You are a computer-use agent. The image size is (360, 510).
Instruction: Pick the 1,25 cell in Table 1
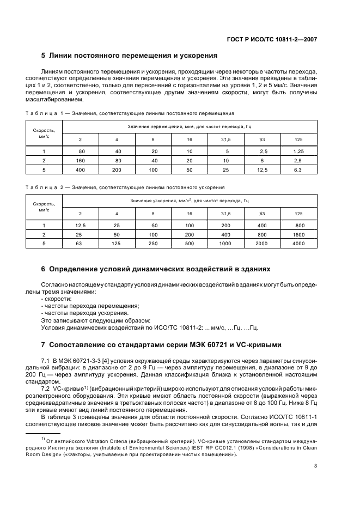(x=298, y=151)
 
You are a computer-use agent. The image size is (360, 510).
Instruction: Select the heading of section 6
(x=155, y=270)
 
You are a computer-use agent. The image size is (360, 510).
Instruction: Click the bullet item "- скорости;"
(x=56, y=299)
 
